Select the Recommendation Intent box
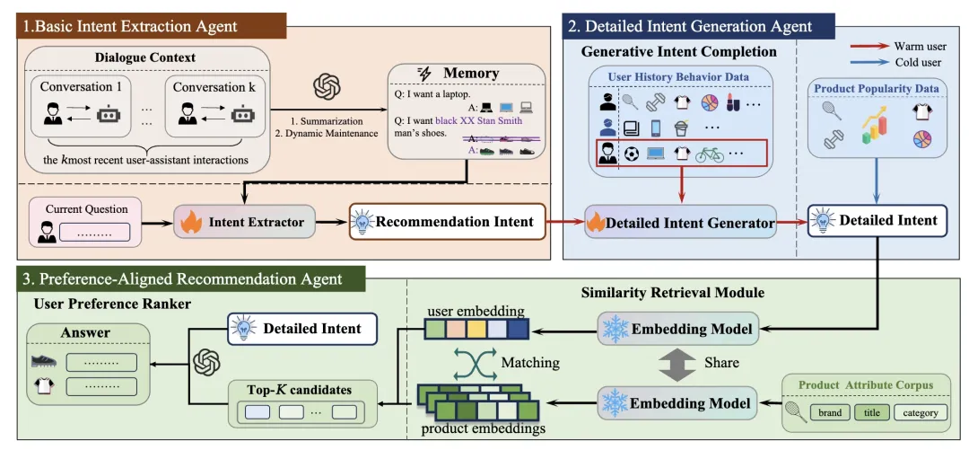447,220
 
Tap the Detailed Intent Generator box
678,221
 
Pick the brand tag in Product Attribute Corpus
829,412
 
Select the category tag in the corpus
920,412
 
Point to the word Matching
529,363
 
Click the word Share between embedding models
722,363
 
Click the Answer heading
85,332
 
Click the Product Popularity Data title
876,88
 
